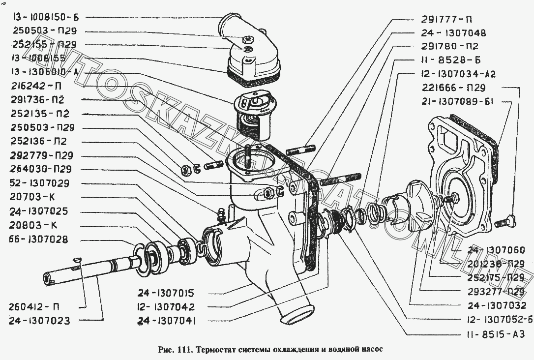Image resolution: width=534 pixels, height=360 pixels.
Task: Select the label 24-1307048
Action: (x=453, y=33)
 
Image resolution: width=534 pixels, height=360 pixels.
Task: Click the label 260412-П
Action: (x=34, y=307)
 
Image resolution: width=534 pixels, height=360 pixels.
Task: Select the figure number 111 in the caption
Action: (x=184, y=350)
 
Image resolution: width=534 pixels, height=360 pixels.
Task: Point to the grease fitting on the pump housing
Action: (x=220, y=214)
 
